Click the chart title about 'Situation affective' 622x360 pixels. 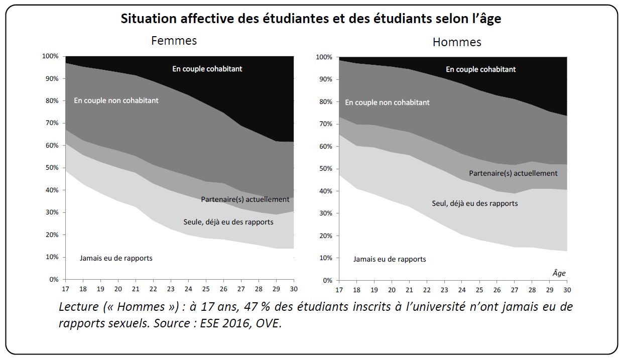pyautogui.click(x=311, y=19)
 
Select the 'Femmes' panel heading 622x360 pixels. pyautogui.click(x=174, y=41)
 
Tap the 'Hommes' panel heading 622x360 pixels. pyautogui.click(x=456, y=42)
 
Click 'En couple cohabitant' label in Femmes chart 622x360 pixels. pyautogui.click(x=207, y=69)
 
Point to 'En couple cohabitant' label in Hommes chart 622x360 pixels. pyautogui.click(x=480, y=69)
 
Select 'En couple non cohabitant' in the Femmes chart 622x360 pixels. pyautogui.click(x=116, y=100)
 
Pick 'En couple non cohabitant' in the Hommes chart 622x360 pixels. pyautogui.click(x=387, y=102)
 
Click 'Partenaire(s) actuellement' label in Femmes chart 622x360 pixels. pyautogui.click(x=245, y=199)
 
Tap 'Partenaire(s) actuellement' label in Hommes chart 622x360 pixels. pyautogui.click(x=513, y=173)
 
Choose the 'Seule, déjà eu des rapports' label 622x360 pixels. pyautogui.click(x=228, y=221)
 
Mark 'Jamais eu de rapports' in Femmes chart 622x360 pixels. pyautogui.click(x=115, y=258)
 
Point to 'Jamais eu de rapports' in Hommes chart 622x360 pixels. pyautogui.click(x=389, y=259)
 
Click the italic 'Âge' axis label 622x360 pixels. pyautogui.click(x=559, y=273)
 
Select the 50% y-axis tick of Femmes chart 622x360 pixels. pyautogui.click(x=52, y=168)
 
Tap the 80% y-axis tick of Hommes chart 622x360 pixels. pyautogui.click(x=325, y=102)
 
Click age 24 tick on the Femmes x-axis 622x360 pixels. pyautogui.click(x=188, y=289)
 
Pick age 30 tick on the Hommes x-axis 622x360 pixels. pyautogui.click(x=567, y=290)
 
